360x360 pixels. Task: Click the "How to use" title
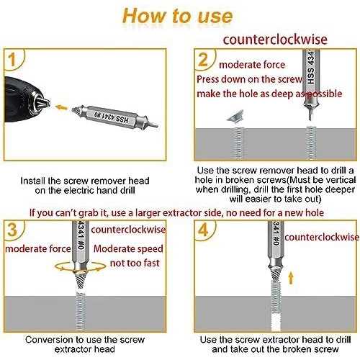pos(178,16)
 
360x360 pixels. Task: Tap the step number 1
pos(12,60)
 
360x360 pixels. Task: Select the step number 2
pos(203,60)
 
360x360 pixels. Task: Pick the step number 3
pos(12,230)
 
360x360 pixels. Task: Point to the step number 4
pos(203,230)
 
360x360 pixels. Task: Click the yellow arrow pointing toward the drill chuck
pos(61,107)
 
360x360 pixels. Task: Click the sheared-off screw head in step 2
pos(235,117)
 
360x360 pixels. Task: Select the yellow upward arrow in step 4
pos(291,278)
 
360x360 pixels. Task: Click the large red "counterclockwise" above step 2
pos(275,40)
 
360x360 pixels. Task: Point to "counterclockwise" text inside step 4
pos(322,237)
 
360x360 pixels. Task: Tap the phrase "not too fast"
pos(135,263)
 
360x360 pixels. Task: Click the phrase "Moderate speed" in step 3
pos(128,248)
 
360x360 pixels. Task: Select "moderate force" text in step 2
pos(252,65)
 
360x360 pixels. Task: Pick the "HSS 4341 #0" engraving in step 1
pos(111,117)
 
